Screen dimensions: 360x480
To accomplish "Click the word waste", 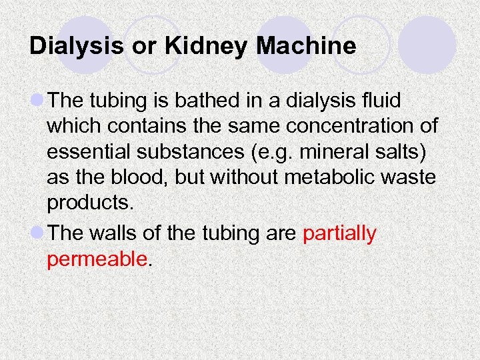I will pos(409,179).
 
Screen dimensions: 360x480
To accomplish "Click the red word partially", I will pos(339,234).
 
